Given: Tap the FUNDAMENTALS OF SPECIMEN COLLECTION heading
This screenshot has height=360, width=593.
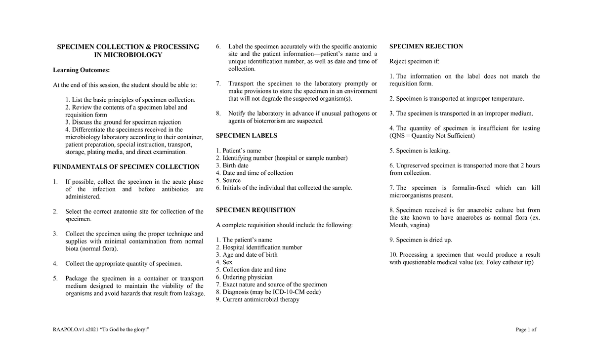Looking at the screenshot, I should [126, 166].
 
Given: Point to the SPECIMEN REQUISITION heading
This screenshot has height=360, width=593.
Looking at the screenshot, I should [255, 210].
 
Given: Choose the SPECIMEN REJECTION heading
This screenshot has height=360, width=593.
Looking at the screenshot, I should [426, 46].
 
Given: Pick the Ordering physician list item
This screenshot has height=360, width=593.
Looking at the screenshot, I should [244, 277].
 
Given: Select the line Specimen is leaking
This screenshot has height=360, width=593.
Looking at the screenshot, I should [420, 151].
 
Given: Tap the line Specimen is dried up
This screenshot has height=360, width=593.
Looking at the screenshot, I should [421, 240].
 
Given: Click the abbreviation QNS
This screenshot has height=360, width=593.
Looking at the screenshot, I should [398, 136].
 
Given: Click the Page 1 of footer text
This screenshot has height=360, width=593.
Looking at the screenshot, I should [526, 330].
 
